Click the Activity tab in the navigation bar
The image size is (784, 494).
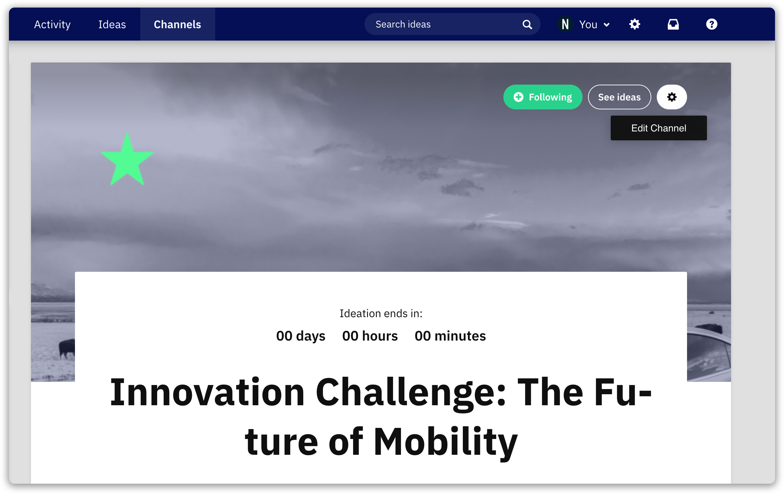point(52,24)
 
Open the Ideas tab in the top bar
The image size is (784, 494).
point(112,24)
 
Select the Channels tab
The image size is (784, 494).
point(177,24)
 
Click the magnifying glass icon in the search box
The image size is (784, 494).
point(527,24)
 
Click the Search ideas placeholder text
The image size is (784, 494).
point(403,24)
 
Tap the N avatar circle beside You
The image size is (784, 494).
point(565,24)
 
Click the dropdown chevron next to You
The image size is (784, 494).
point(607,25)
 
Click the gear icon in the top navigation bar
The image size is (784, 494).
point(635,24)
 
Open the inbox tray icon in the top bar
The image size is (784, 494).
point(673,24)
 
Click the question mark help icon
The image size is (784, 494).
point(712,24)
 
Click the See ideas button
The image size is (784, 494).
point(619,97)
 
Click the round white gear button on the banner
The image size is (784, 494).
point(672,97)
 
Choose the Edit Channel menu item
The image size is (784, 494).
point(658,128)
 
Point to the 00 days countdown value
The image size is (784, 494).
point(301,336)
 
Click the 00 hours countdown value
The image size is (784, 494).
point(370,336)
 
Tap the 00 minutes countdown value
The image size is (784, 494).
point(450,336)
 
